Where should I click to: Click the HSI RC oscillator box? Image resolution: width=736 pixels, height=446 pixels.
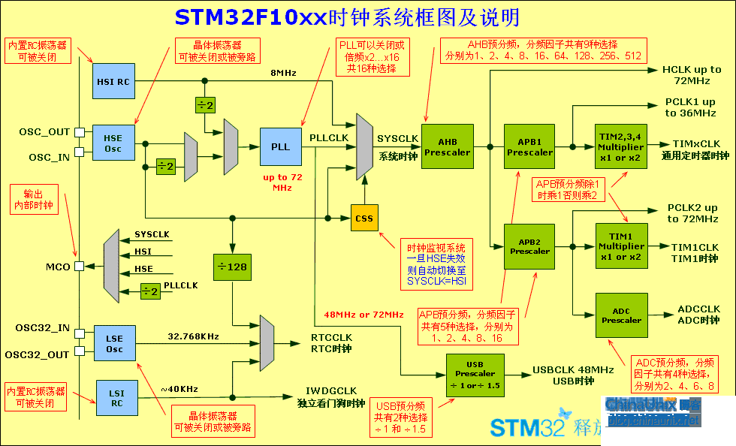tap(113, 80)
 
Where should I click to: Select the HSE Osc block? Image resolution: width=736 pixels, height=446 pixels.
tap(113, 143)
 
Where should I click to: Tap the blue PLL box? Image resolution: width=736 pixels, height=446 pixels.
tap(280, 146)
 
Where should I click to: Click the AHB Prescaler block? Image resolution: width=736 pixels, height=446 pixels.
tap(447, 146)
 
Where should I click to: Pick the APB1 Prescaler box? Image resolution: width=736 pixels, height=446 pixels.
tap(529, 146)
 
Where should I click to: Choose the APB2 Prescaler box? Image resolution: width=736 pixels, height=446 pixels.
tap(529, 246)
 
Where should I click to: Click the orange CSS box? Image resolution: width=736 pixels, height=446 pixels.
tap(364, 218)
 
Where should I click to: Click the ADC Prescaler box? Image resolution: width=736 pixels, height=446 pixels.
tap(621, 315)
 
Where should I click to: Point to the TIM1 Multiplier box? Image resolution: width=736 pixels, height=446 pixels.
tap(621, 246)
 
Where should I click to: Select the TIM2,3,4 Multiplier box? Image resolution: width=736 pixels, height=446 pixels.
tap(621, 146)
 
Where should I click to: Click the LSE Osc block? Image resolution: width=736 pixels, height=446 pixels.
tap(114, 344)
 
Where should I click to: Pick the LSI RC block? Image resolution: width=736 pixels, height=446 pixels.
tap(117, 397)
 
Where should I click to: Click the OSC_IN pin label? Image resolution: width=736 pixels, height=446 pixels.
tap(50, 157)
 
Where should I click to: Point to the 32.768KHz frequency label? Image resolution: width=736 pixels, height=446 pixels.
tap(194, 336)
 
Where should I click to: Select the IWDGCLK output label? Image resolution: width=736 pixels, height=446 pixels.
tap(330, 390)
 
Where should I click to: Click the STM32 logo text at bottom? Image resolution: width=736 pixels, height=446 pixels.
tap(526, 427)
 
